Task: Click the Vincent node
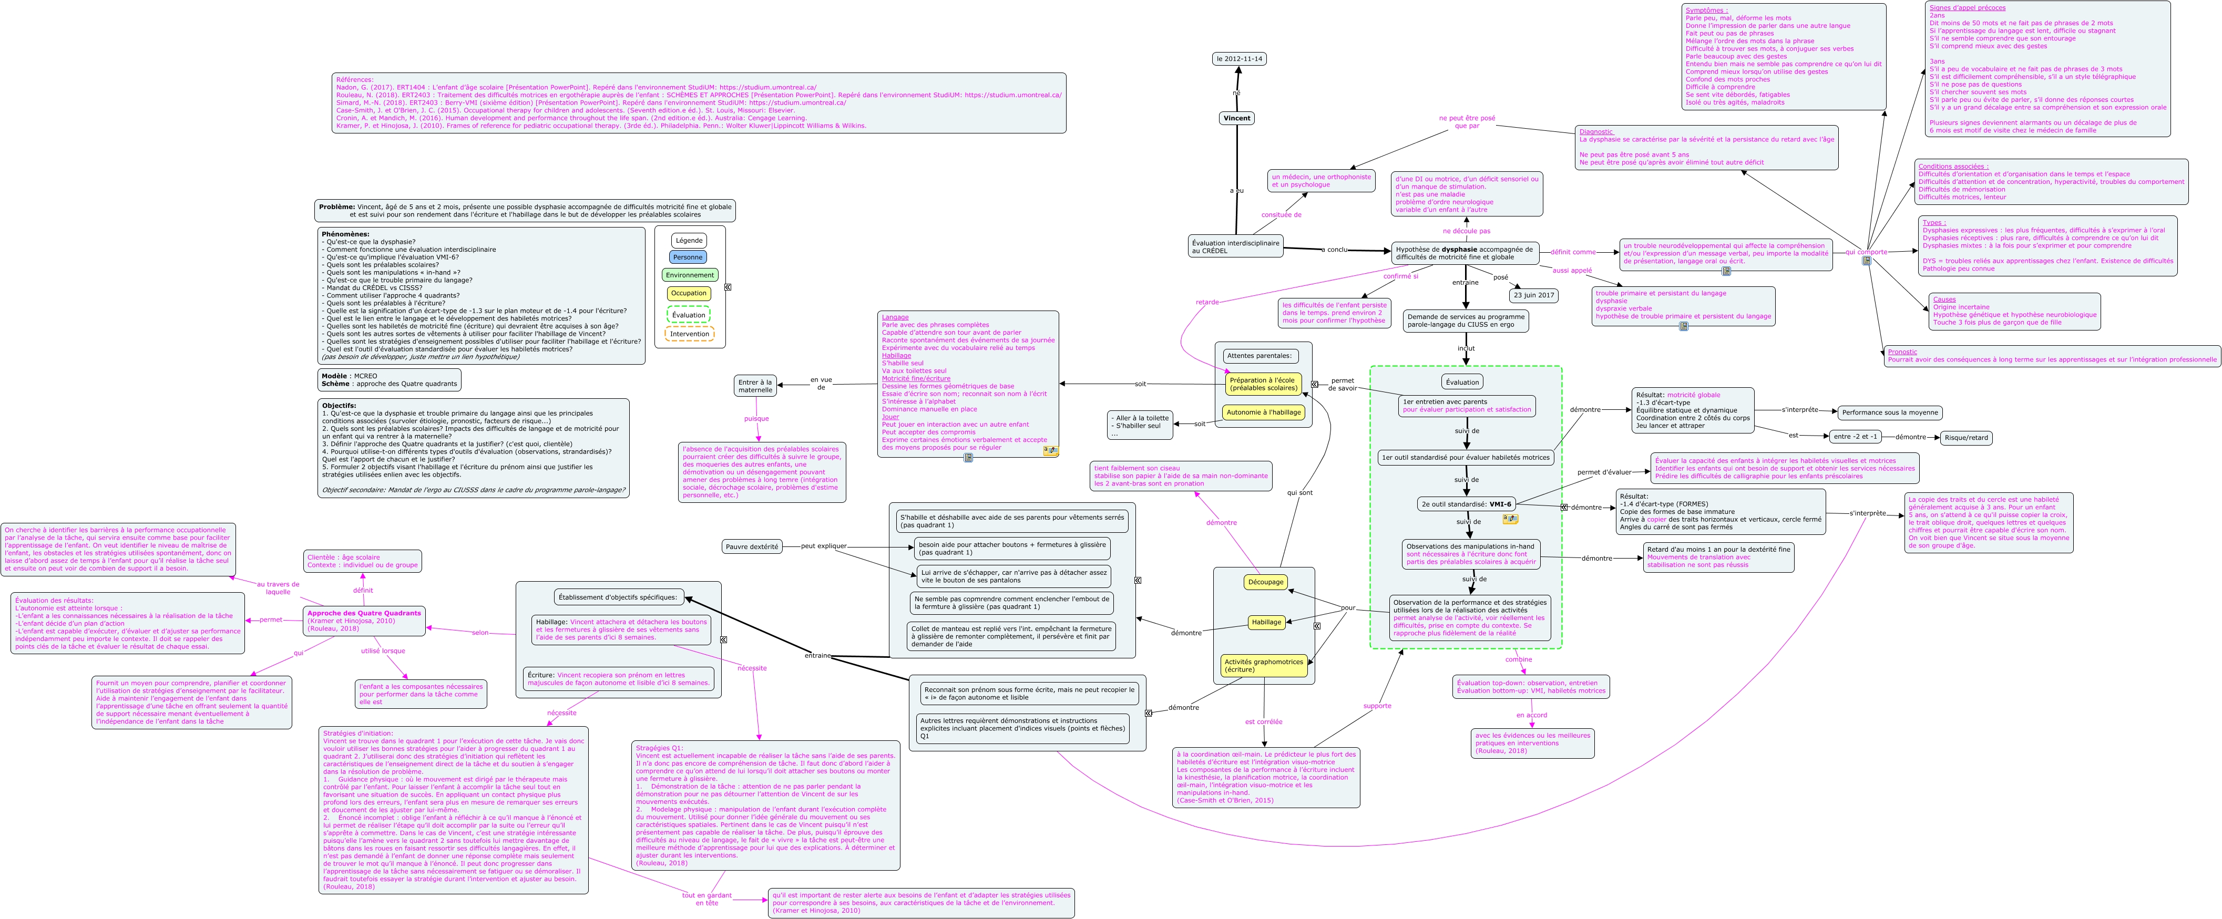[x=1236, y=118]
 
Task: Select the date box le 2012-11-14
[x=1238, y=59]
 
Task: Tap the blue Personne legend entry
[x=688, y=257]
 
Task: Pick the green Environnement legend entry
[x=689, y=275]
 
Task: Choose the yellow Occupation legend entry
[x=688, y=293]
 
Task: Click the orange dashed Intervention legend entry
[x=689, y=334]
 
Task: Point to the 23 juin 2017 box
[x=1534, y=295]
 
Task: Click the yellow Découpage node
[x=1265, y=582]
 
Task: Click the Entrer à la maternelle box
[x=755, y=386]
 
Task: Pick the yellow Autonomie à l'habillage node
[x=1264, y=412]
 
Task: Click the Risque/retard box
[x=1966, y=437]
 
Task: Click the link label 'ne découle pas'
[x=1466, y=231]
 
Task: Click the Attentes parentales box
[x=1260, y=355]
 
